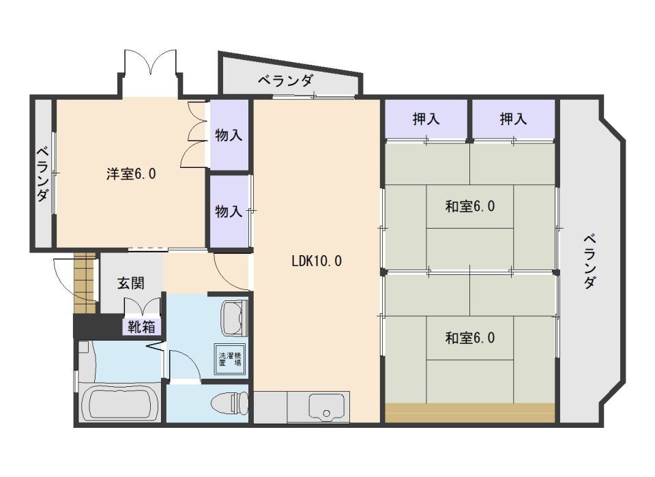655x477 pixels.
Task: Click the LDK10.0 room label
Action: pyautogui.click(x=316, y=261)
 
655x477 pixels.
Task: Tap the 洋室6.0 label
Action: pyautogui.click(x=131, y=174)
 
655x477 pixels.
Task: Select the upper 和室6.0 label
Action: pyautogui.click(x=469, y=206)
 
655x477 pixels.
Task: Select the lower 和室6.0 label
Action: pyautogui.click(x=469, y=338)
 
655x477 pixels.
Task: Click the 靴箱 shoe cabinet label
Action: pyautogui.click(x=143, y=327)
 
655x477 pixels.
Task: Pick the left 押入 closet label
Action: pyautogui.click(x=426, y=119)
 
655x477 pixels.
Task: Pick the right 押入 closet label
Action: pyautogui.click(x=513, y=119)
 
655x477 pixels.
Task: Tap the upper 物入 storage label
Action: pyautogui.click(x=229, y=135)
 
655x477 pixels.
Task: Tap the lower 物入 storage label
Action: pyautogui.click(x=229, y=212)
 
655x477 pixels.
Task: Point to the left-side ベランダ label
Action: pyautogui.click(x=42, y=175)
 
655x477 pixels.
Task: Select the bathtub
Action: pyautogui.click(x=120, y=403)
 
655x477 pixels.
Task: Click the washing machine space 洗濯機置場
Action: pyautogui.click(x=230, y=359)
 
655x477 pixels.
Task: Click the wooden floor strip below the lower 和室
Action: pyautogui.click(x=469, y=413)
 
